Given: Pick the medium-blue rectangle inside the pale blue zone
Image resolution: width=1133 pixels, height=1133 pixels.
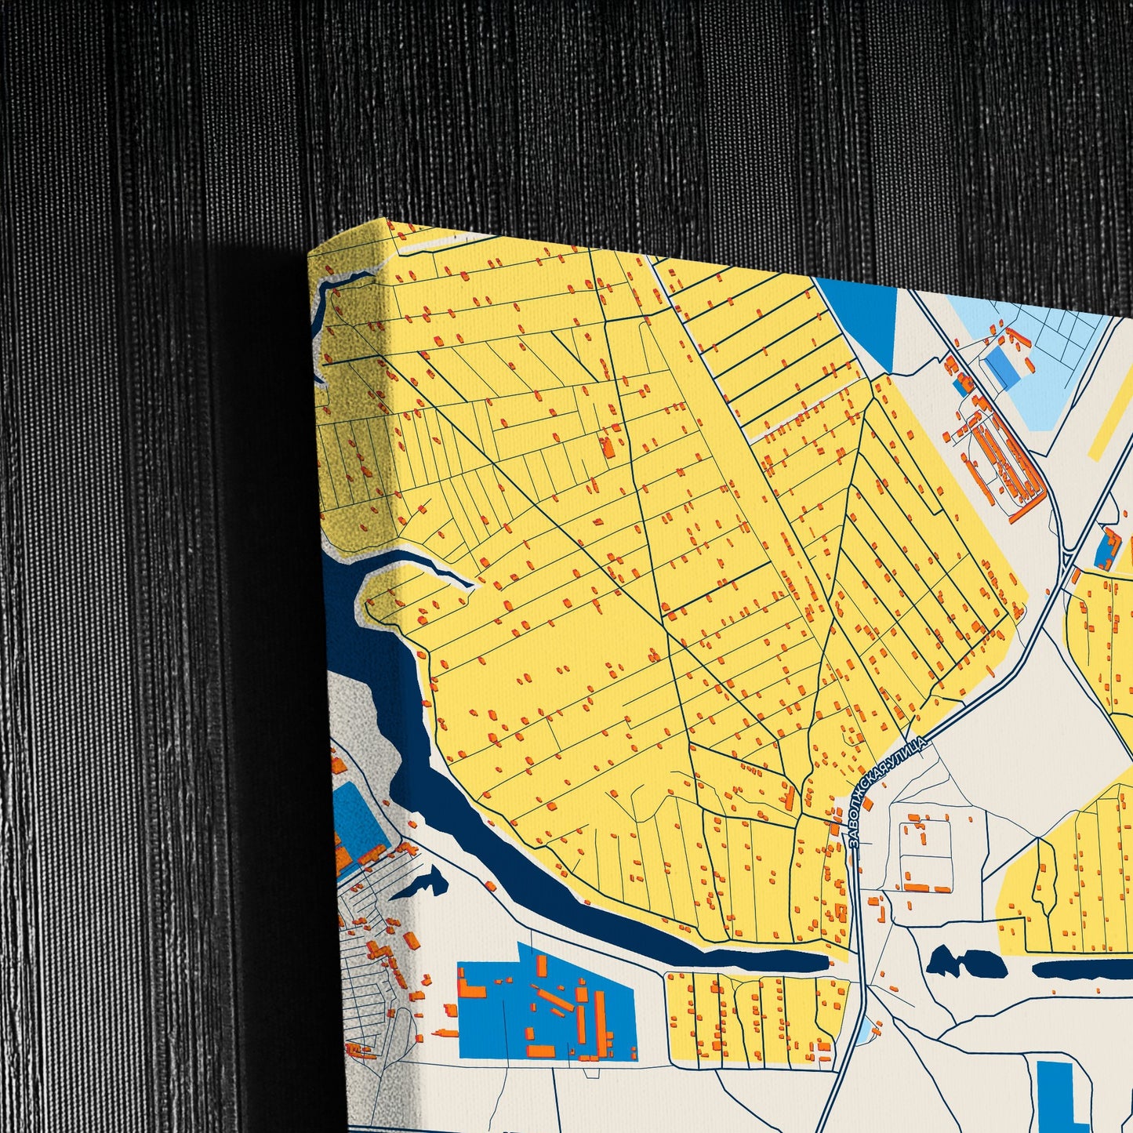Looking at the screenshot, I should click(x=1003, y=367).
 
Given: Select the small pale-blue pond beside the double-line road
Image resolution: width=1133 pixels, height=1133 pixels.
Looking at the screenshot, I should click(x=864, y=1033).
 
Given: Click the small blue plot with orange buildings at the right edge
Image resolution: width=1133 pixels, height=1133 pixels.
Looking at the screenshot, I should click(x=1107, y=549).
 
